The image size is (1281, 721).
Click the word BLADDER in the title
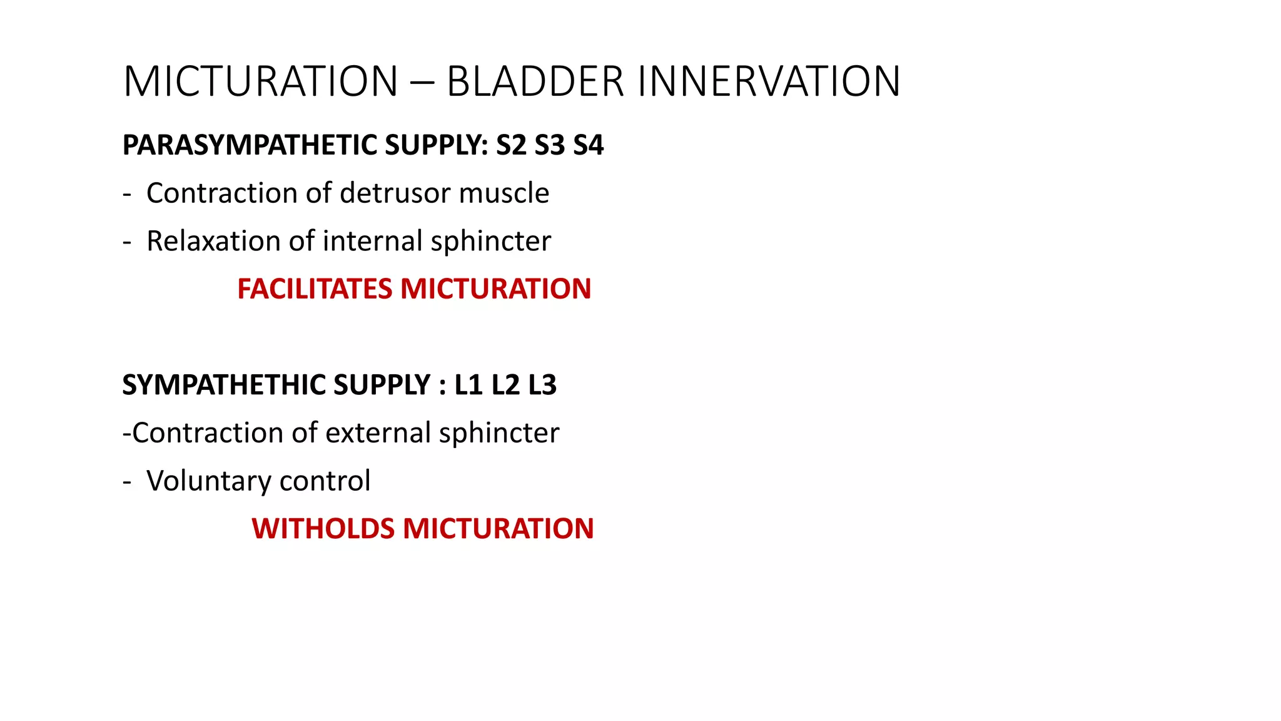click(535, 82)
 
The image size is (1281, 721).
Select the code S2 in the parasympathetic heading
click(511, 145)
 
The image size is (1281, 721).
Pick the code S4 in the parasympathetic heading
click(588, 145)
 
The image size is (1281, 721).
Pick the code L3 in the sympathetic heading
click(542, 385)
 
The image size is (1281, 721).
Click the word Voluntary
click(208, 481)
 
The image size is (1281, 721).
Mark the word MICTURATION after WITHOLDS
click(498, 529)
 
